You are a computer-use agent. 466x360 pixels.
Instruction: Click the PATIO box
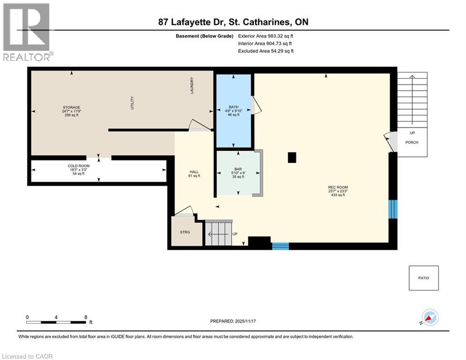[423, 278]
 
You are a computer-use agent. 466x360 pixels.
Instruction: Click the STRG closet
[185, 232]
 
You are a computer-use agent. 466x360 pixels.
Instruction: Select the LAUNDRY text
[192, 86]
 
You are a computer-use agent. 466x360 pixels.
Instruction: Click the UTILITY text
[133, 103]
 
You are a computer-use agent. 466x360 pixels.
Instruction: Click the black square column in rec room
[292, 158]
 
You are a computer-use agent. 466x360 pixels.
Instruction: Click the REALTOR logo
[27, 32]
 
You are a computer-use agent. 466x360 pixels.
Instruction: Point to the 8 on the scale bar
[86, 317]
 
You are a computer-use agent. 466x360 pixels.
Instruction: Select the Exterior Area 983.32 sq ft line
[266, 36]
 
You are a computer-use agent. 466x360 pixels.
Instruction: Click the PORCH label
[412, 142]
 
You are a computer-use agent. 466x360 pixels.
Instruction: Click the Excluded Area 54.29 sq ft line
[266, 51]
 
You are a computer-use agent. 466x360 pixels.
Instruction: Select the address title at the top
[233, 22]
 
